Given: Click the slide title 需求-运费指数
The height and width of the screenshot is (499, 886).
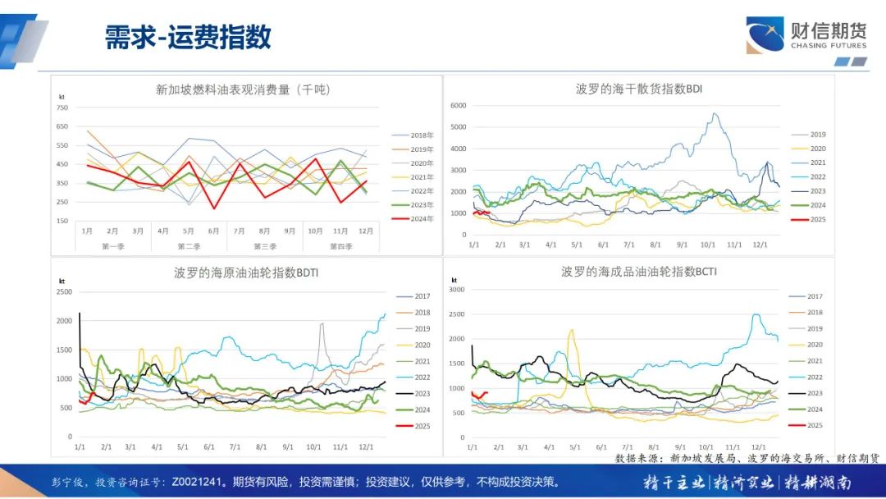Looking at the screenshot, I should [x=188, y=37].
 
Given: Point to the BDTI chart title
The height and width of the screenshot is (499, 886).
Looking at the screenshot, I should [x=246, y=272].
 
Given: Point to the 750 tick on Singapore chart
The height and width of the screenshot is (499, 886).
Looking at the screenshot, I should [x=62, y=108].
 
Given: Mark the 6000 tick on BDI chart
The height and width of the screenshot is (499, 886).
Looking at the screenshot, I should [x=458, y=105].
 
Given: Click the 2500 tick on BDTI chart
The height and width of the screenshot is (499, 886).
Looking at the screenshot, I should [x=64, y=291].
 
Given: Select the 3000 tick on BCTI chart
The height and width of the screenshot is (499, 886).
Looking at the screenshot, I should [x=457, y=289].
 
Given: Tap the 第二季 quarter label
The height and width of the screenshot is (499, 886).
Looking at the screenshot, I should [x=189, y=246].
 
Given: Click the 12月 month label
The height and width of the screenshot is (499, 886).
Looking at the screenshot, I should [x=367, y=231].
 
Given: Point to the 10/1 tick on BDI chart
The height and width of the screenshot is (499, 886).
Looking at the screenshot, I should [x=707, y=245].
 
